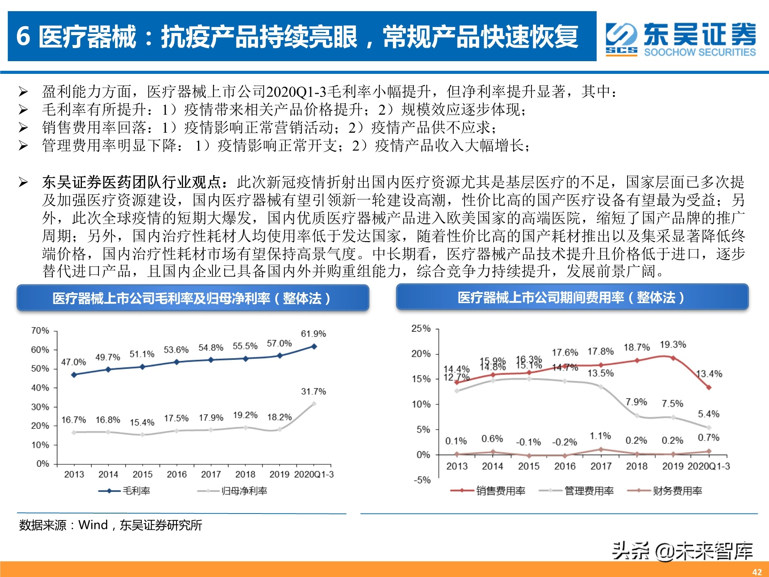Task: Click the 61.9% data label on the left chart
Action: point(313,334)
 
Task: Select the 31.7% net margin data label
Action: point(313,392)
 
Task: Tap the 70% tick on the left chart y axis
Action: point(40,331)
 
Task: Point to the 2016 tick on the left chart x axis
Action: point(176,474)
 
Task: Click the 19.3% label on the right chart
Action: point(673,345)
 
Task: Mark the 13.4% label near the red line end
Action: point(709,374)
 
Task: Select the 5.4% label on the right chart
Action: point(709,414)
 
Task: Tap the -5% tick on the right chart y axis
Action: point(422,480)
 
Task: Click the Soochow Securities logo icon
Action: point(621,39)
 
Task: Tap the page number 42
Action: point(757,572)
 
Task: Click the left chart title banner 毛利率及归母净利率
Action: point(192,298)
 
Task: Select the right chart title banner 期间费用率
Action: point(572,297)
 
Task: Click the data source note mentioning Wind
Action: point(110,525)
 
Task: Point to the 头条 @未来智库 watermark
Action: point(682,551)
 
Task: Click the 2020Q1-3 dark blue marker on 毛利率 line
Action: point(314,347)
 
